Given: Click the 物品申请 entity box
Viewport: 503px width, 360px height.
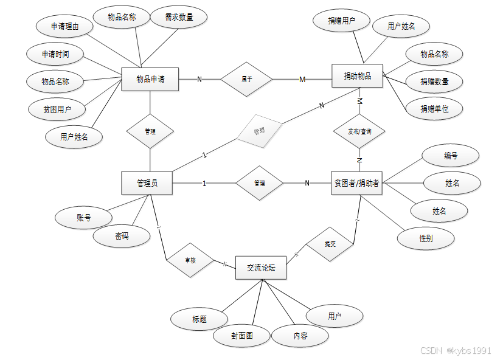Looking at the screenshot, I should click(150, 79).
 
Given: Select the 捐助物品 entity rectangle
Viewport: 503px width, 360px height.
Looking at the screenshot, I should click(357, 76).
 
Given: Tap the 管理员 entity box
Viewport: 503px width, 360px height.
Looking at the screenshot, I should click(147, 182).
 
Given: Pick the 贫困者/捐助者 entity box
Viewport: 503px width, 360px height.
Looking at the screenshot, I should click(357, 182).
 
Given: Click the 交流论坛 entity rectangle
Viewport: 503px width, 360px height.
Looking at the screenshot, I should click(260, 267).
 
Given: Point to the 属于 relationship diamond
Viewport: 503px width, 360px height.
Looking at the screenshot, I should click(246, 79).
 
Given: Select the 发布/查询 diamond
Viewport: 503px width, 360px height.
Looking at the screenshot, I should click(359, 131).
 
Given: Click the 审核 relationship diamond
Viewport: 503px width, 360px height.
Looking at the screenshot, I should click(190, 260).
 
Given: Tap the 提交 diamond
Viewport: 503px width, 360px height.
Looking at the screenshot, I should click(330, 244).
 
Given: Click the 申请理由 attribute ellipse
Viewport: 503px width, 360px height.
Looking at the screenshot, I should click(64, 27).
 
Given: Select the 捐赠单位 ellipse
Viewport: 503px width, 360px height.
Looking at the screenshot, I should click(434, 109).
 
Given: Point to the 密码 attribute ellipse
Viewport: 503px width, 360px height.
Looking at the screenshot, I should click(122, 236).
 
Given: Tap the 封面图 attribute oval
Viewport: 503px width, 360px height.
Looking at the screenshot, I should click(241, 335).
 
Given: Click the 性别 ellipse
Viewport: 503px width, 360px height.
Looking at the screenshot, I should click(426, 238).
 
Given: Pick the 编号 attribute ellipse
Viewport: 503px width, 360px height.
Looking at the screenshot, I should click(450, 156).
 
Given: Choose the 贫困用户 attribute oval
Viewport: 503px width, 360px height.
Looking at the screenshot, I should click(57, 109).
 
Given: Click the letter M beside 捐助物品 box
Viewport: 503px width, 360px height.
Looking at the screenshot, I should click(302, 80).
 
